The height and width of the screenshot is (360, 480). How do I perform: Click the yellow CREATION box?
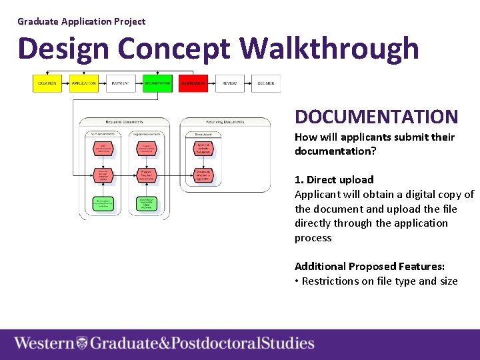click(47, 83)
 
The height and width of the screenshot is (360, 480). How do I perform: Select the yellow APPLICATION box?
click(83, 83)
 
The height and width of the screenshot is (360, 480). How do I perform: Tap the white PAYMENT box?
click(121, 83)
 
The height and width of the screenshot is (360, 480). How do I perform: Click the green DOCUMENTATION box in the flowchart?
click(157, 83)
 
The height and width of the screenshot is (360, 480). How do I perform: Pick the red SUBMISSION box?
click(193, 83)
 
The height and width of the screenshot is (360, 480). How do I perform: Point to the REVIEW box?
click(229, 83)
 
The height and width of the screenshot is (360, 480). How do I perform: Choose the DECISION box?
click(265, 83)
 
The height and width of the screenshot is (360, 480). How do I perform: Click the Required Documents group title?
click(125, 122)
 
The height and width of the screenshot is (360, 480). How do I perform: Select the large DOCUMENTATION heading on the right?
click(376, 117)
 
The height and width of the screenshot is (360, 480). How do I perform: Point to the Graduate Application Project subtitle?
click(81, 21)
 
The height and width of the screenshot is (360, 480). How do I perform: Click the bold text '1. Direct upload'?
click(334, 179)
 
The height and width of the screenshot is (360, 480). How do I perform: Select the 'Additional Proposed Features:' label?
click(369, 266)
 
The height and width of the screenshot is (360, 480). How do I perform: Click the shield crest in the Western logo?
click(82, 343)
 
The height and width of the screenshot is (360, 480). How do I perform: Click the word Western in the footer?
click(44, 343)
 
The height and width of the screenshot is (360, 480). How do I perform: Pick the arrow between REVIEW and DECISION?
click(248, 83)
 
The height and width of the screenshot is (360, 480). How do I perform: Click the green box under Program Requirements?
click(147, 203)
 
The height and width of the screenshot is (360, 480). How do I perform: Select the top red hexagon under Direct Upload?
click(203, 148)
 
